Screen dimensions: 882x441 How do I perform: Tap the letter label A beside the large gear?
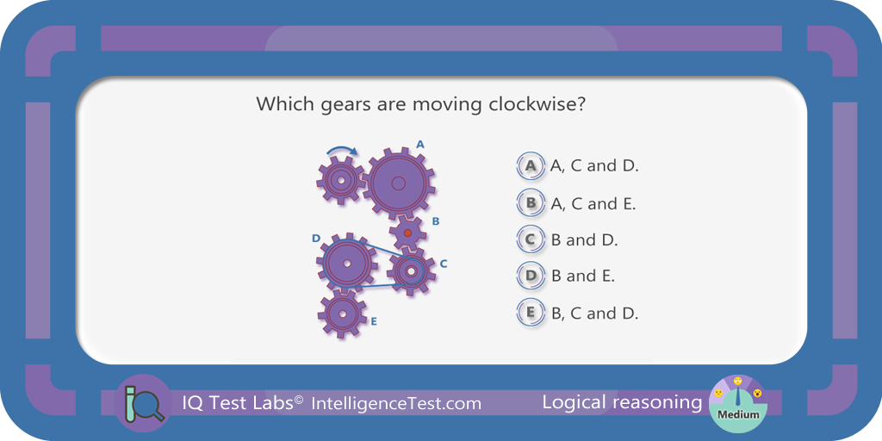click(x=420, y=145)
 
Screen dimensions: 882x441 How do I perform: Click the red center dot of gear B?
click(x=407, y=233)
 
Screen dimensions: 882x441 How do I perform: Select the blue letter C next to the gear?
click(x=444, y=264)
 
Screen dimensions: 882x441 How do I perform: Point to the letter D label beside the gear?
click(x=316, y=239)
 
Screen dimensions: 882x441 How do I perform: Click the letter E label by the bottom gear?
click(x=374, y=322)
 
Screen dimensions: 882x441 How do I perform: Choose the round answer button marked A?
click(x=531, y=166)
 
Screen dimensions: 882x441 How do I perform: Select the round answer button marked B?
click(x=531, y=203)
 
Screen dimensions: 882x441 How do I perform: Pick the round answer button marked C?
click(x=531, y=239)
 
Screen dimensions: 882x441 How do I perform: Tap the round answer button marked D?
click(x=531, y=276)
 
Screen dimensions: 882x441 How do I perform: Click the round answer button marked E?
click(x=531, y=313)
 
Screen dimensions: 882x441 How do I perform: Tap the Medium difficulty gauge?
click(x=737, y=403)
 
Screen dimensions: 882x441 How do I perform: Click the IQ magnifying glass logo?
click(x=144, y=403)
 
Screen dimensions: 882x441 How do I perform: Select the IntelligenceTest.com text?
click(x=396, y=403)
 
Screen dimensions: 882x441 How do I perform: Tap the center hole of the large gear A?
click(x=398, y=183)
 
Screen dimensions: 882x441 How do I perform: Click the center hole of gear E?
click(x=341, y=314)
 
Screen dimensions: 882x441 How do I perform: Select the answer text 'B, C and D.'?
click(x=594, y=314)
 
